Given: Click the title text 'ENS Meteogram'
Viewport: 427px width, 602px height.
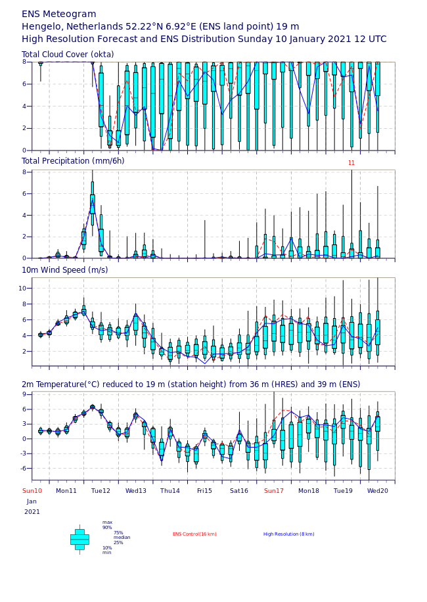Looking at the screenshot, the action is tap(58, 14).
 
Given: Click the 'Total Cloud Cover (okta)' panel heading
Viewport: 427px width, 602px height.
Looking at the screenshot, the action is tap(68, 55).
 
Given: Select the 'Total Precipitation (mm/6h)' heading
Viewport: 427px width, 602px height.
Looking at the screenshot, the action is tap(73, 161).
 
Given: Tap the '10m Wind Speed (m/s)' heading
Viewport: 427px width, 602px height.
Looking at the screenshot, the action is tap(65, 270).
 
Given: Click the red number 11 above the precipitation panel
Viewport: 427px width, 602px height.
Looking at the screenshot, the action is tap(351, 163).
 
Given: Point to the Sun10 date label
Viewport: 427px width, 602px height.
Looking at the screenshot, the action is tap(32, 491).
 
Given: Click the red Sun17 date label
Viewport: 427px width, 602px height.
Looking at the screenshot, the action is tap(274, 491).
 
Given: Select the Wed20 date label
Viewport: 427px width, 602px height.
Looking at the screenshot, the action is tap(378, 491).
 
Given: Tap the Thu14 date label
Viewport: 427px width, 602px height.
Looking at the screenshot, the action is tap(170, 491).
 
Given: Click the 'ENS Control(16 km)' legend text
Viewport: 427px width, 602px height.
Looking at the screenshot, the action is tap(194, 534).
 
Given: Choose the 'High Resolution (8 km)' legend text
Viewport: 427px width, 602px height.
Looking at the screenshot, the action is tap(289, 534).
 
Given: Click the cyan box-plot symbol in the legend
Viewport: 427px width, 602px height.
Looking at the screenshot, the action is tap(79, 540).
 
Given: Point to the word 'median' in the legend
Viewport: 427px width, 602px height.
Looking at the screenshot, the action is tap(122, 538).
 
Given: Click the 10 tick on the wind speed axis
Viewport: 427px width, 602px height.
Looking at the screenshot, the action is tap(22, 289).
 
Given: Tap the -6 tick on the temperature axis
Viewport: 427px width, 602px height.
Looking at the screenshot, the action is tap(24, 468).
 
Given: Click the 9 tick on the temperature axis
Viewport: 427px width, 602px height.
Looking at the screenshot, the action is tap(24, 394).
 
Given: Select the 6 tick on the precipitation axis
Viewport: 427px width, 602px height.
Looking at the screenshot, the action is tap(24, 194).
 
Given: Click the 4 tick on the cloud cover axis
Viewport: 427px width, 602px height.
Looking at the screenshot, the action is tap(24, 106).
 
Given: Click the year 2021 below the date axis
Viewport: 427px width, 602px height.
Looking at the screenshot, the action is tap(32, 512).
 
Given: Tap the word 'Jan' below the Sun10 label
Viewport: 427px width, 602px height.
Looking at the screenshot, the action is tap(32, 501).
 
